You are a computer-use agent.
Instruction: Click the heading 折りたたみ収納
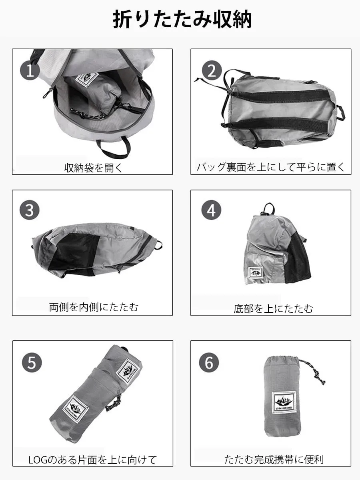[x=182, y=19]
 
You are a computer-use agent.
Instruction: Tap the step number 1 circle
[x=30, y=71]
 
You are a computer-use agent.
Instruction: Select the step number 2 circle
[x=212, y=71]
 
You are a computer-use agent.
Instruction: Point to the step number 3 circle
[x=30, y=210]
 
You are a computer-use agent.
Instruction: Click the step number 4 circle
[x=211, y=210]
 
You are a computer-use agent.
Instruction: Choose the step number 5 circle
[x=32, y=362]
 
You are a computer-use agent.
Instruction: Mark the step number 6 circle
[x=209, y=362]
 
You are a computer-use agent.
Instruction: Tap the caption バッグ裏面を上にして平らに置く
[x=271, y=167]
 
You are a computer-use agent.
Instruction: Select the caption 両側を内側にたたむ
[x=94, y=307]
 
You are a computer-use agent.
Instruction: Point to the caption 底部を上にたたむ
[x=273, y=308]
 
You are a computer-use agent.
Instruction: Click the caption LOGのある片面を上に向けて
[x=93, y=460]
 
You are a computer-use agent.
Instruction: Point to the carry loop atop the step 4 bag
[x=269, y=209]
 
